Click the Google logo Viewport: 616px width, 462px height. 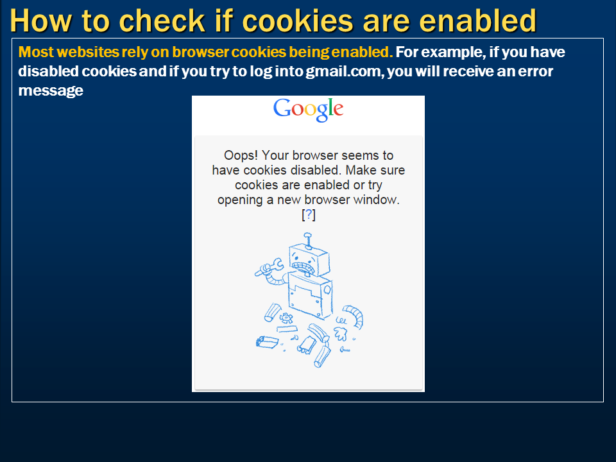(308, 110)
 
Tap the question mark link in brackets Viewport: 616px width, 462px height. (309, 215)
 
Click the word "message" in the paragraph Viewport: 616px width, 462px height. (51, 91)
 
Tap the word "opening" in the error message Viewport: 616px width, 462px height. (239, 200)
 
